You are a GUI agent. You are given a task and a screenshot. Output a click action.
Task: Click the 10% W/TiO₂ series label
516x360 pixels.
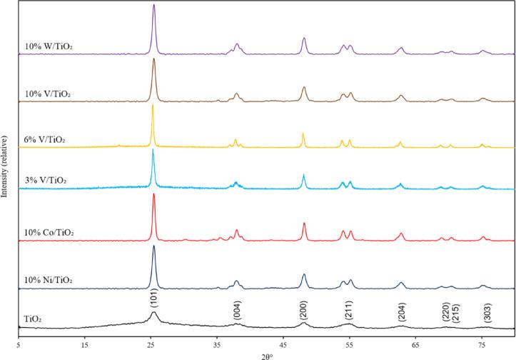[x=48, y=48]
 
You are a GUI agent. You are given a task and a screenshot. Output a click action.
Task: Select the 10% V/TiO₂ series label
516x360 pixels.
[x=47, y=94]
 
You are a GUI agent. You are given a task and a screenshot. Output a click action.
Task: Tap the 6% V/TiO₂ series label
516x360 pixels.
[x=45, y=140]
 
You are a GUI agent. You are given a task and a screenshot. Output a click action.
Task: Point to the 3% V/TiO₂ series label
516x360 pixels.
[x=45, y=181]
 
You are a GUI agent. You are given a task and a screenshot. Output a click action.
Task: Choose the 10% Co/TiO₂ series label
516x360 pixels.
[x=49, y=233]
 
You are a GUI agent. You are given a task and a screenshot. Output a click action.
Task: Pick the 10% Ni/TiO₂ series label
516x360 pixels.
[x=49, y=279]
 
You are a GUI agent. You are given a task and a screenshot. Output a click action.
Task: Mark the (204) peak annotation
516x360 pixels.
[x=403, y=312]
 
